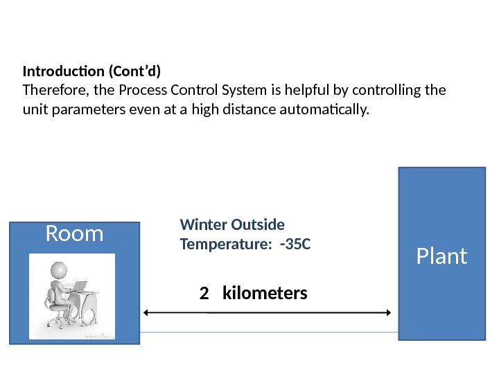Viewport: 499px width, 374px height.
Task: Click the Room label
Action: [x=74, y=234]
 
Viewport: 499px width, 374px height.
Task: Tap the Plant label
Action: [x=441, y=257]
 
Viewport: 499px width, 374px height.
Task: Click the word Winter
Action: [x=202, y=225]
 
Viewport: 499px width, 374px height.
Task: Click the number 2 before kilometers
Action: [x=204, y=294]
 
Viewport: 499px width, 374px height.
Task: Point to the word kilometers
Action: [x=264, y=294]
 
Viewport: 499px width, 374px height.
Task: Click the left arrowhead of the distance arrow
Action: [x=146, y=313]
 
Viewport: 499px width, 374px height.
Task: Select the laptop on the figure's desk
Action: [x=80, y=286]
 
